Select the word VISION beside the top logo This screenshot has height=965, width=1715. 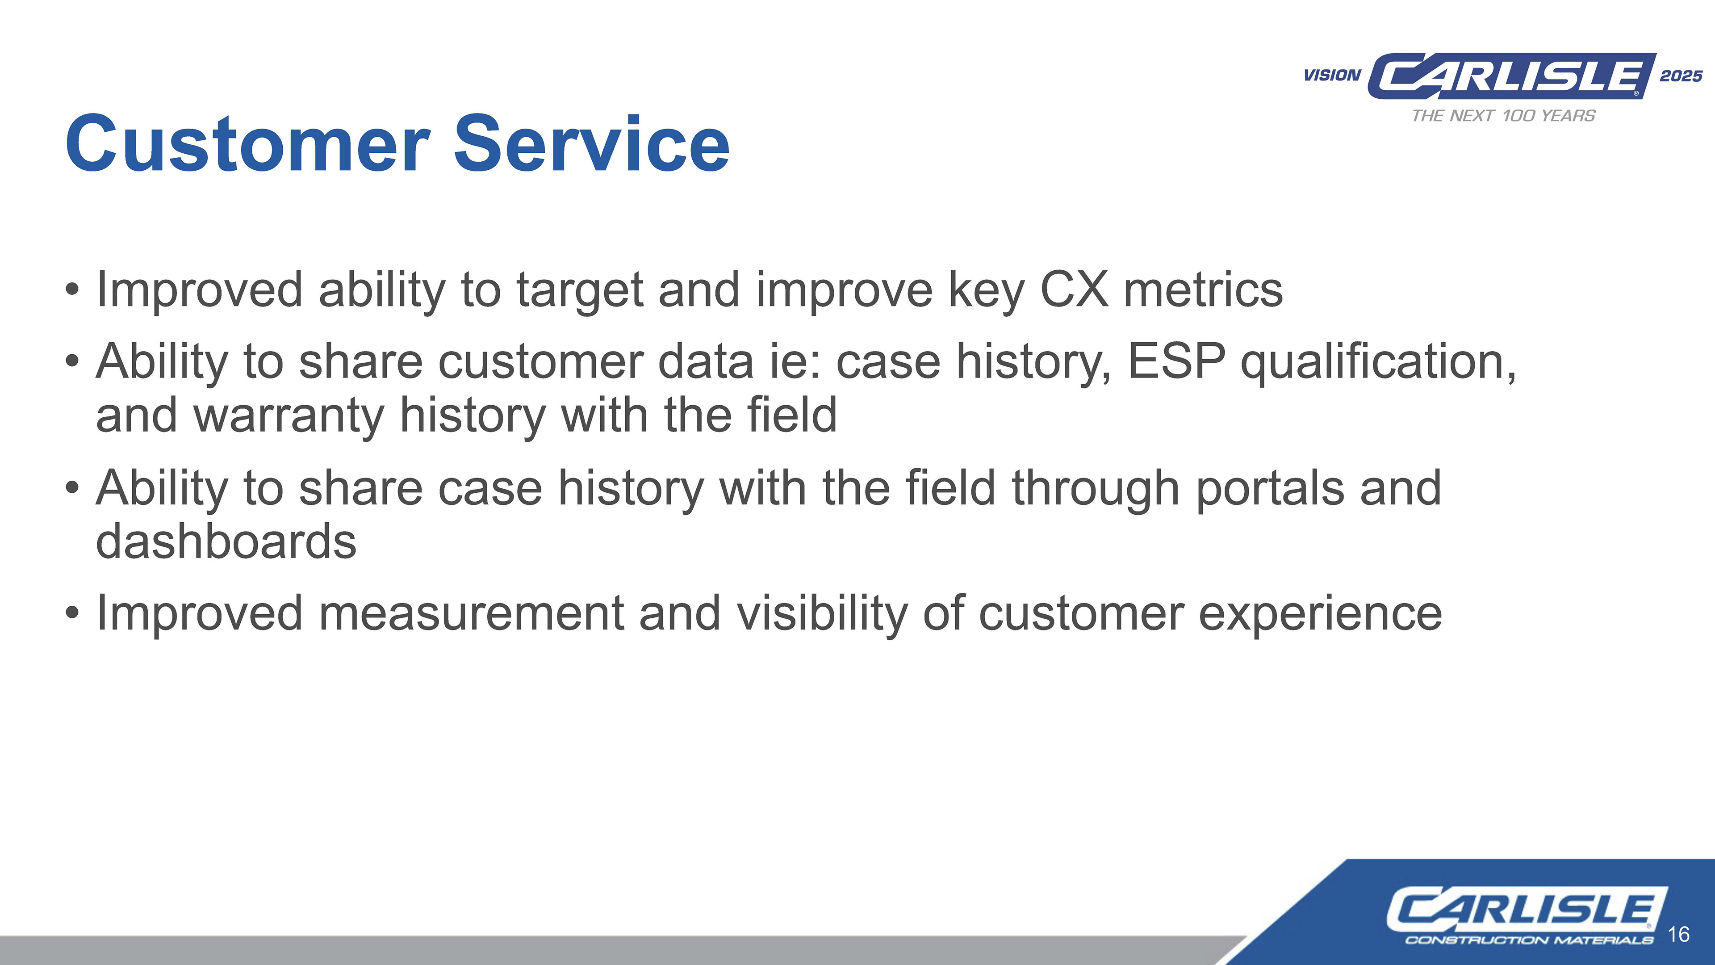pos(1332,75)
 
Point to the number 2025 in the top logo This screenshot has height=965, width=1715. pos(1681,76)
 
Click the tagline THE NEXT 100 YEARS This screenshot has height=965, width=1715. pos(1503,116)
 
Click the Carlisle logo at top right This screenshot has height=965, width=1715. pos(1511,76)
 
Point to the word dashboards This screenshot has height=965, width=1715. pos(226,541)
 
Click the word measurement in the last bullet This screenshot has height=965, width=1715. pos(471,613)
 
